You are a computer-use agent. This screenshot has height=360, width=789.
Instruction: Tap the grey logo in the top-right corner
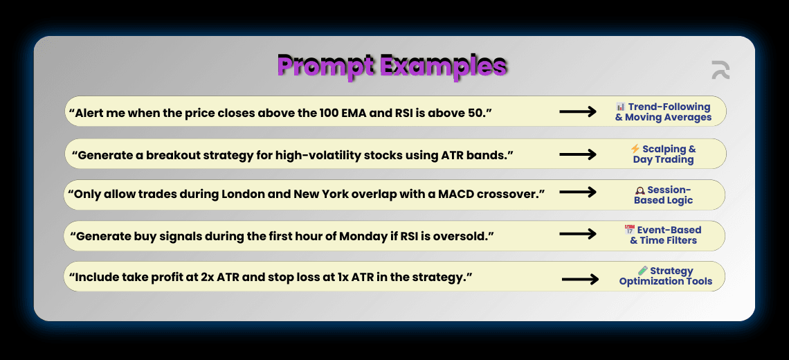720,70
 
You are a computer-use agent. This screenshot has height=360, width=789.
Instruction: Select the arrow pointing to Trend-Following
578,111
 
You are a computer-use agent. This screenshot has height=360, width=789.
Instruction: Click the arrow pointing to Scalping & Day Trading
578,154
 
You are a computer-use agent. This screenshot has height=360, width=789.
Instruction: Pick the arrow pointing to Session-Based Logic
578,192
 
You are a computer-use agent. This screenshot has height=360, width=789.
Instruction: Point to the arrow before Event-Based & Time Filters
578,234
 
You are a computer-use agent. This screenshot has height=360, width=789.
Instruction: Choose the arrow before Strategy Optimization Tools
580,279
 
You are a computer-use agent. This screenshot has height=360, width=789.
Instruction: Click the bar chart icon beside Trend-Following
620,107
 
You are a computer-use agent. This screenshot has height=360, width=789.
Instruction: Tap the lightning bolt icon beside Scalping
635,149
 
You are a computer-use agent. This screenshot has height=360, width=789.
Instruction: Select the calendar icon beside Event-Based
629,230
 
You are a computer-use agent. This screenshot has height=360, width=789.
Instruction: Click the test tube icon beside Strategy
642,271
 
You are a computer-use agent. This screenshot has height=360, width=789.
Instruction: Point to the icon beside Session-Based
641,190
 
